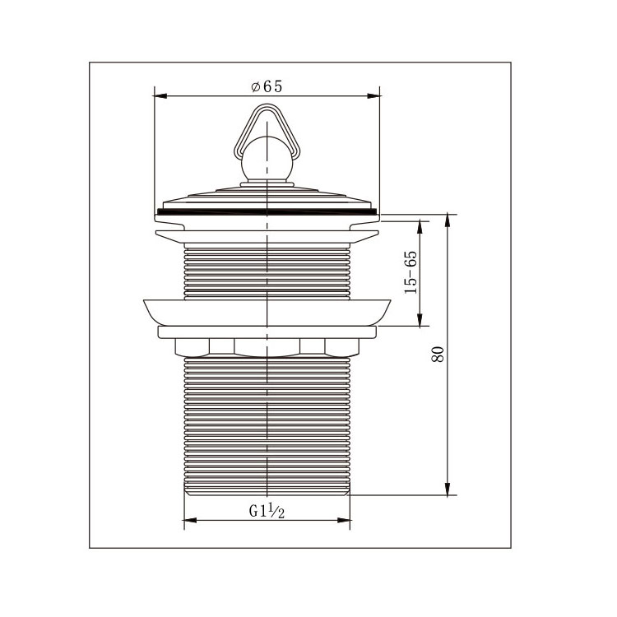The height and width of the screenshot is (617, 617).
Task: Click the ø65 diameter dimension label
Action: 267,86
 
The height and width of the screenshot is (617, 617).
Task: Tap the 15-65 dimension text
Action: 411,272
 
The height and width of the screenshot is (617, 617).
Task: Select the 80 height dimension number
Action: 438,354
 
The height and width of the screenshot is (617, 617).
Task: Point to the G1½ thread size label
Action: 267,511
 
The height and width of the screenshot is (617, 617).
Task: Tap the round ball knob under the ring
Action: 267,159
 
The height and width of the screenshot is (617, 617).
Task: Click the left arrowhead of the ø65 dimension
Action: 160,95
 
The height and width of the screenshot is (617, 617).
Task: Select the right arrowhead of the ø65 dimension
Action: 373,95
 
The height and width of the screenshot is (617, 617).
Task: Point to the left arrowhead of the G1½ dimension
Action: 191,520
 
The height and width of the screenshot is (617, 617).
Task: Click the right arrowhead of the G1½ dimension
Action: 344,520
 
